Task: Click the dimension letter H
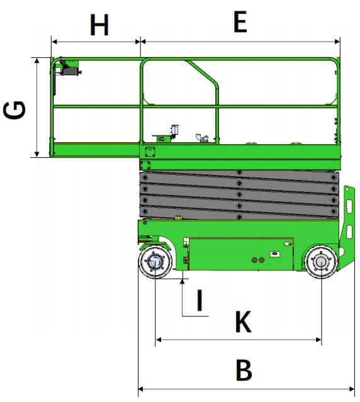[x=99, y=25]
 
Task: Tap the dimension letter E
[x=240, y=22]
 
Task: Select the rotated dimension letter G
[x=14, y=110]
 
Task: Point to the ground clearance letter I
[x=200, y=300]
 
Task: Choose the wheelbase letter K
[x=243, y=321]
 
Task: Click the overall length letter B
[x=244, y=370]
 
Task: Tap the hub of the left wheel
[x=155, y=262]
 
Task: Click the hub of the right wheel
[x=321, y=262]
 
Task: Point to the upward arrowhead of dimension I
[x=183, y=281]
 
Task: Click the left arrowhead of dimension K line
[x=159, y=340]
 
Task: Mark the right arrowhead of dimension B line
[x=352, y=389]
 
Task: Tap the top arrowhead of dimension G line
[x=37, y=61]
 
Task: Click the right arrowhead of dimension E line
[x=337, y=42]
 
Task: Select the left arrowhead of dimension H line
[x=54, y=42]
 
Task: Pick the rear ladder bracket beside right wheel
[x=347, y=226]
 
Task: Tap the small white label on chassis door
[x=274, y=254]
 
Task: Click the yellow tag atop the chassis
[x=178, y=218]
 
